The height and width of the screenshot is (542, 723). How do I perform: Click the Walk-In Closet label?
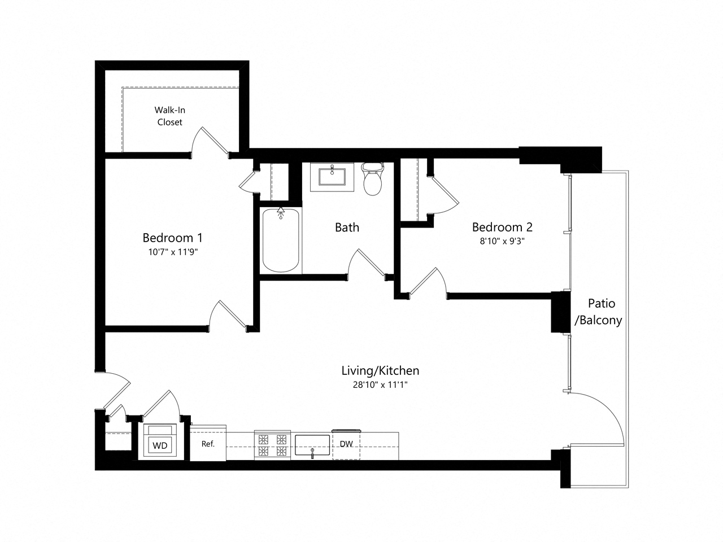[170, 116]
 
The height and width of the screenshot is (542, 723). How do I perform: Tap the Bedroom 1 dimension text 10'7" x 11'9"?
[172, 252]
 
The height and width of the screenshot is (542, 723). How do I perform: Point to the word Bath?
[347, 228]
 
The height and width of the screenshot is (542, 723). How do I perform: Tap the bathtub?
[281, 240]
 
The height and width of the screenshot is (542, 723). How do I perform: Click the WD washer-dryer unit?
[160, 441]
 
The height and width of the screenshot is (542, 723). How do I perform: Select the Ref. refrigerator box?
[208, 444]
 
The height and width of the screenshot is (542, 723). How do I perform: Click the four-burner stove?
[272, 444]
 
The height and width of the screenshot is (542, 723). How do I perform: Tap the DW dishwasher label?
[346, 444]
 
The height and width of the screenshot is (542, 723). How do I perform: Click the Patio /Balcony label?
[598, 312]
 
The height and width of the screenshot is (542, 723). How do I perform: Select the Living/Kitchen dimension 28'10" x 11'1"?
[380, 385]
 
